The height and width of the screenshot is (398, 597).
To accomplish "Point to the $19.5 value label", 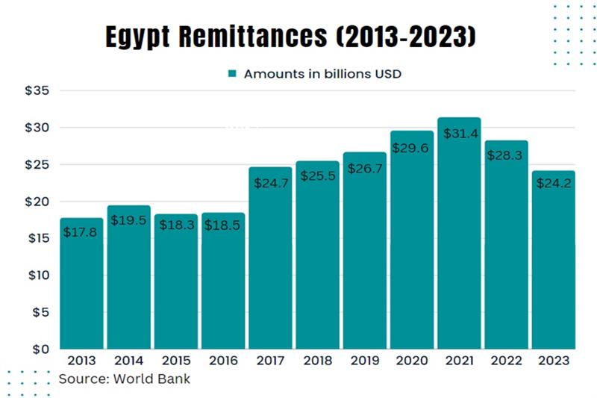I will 128,220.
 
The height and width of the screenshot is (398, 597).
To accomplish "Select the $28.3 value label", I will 506,155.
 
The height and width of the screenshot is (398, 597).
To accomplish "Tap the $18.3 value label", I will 175,225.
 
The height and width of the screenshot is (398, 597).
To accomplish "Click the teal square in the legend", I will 232,73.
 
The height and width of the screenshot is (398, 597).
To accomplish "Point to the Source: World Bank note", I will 125,379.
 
